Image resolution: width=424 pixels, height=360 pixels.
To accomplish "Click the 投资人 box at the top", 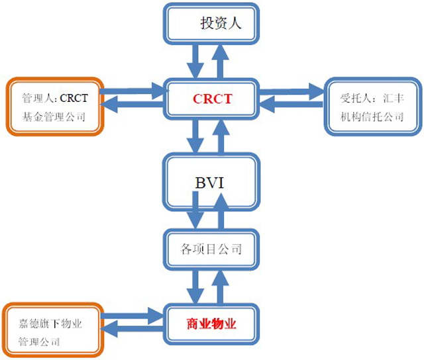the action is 211,24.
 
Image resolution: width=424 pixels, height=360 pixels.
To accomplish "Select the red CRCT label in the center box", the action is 212,99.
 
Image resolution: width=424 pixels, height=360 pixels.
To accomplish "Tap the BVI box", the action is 211,182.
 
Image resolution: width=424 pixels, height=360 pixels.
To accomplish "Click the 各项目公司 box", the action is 211,249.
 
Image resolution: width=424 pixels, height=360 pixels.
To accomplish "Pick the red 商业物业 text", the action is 211,324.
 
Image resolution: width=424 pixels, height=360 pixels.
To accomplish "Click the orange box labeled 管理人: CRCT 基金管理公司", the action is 55,107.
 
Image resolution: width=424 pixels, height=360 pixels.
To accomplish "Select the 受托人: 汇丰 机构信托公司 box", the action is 373,107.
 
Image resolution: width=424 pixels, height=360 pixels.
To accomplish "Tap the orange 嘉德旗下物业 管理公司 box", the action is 53,330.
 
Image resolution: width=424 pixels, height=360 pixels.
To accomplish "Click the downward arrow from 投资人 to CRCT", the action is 195,62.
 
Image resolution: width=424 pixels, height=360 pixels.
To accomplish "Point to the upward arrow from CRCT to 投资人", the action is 221,62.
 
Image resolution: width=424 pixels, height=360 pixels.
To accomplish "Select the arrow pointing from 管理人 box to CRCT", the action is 132,91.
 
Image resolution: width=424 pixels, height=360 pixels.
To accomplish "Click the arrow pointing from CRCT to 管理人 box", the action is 132,104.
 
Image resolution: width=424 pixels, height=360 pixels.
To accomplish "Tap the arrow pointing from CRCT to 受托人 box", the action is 291,91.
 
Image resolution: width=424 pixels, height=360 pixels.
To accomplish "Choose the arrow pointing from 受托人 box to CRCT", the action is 291,105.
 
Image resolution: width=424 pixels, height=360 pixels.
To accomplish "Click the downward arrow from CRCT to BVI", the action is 195,136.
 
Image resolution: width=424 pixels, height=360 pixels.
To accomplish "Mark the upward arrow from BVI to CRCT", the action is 221,137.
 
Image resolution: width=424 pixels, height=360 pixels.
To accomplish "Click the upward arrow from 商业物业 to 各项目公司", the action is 221,287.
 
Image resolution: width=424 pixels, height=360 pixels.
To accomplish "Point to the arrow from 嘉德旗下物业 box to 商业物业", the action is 132,316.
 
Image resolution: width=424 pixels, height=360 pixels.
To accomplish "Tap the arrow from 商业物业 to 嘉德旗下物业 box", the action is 132,329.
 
